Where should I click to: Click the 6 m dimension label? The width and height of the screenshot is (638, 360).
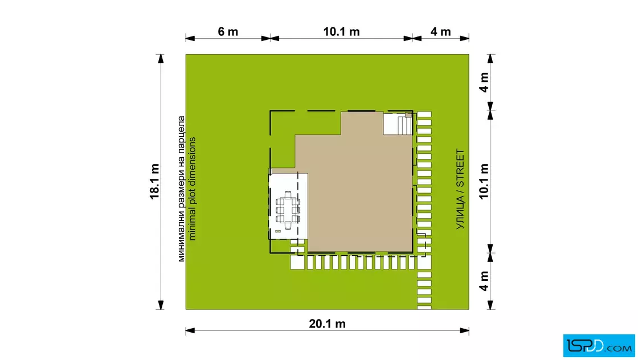(x=228, y=32)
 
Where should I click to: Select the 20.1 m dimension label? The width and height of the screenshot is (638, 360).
(x=327, y=324)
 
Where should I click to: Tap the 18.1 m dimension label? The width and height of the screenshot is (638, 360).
(x=154, y=181)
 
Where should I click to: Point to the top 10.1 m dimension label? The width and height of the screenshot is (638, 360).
(x=341, y=32)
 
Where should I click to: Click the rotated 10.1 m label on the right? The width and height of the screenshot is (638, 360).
(x=484, y=181)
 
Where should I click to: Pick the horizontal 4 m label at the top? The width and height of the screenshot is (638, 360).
(x=441, y=32)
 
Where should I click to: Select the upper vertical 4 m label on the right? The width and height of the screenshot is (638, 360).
(x=484, y=83)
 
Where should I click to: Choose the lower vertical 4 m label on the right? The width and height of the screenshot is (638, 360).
(x=484, y=281)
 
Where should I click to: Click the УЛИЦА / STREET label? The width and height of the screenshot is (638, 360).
(x=460, y=189)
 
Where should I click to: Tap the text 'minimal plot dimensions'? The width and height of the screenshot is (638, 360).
(x=192, y=189)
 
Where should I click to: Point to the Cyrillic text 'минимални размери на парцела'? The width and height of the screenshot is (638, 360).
(x=181, y=189)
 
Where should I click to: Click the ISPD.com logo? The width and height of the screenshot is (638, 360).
(x=599, y=345)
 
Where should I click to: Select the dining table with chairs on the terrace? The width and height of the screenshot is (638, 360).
(x=288, y=210)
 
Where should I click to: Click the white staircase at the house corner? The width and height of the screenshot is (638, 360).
(x=398, y=124)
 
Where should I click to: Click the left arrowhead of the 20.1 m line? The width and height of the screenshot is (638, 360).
(x=190, y=330)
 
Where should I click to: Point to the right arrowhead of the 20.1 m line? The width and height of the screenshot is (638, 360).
(x=464, y=330)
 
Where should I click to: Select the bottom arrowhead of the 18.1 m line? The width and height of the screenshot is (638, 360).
(x=161, y=305)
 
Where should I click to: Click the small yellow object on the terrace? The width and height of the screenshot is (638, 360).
(x=278, y=231)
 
